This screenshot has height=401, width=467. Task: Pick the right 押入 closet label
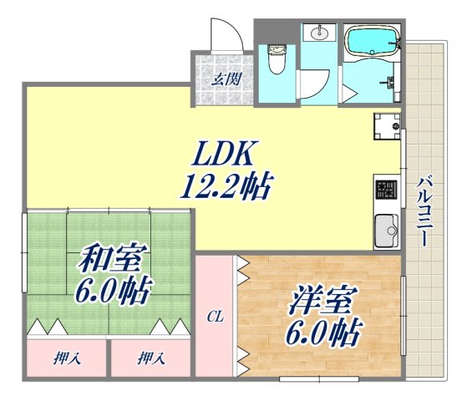click(150, 360)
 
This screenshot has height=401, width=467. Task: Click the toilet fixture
click(277, 58)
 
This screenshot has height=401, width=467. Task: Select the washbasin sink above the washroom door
click(319, 34)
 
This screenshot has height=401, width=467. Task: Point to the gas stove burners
click(388, 191)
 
